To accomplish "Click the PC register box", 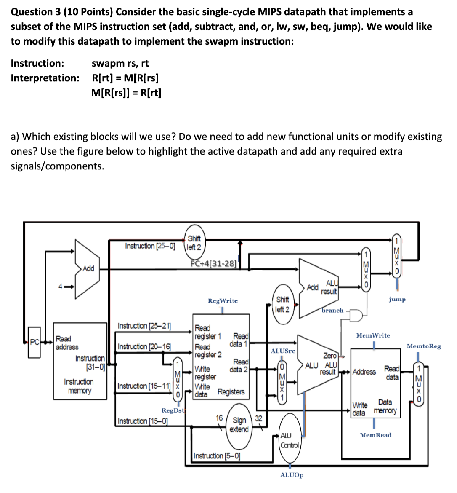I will pos(35,342).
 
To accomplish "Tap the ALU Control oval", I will pos(289,440).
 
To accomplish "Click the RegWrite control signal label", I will pos(223,301).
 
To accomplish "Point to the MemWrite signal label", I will pos(373,335).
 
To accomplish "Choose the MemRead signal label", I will pos(375,435).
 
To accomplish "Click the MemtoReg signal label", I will pos(424,346).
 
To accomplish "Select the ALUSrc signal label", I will pos(283,351).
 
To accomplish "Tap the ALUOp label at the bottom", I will pos(292,475).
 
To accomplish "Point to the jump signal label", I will pos(397,299).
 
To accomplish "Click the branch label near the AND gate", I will pos(332,310).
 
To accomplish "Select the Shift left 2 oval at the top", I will pos(194,243).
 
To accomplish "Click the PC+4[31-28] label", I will pos(214,263).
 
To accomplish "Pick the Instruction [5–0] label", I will pos(217,455).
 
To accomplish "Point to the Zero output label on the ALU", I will pos(330,355).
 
